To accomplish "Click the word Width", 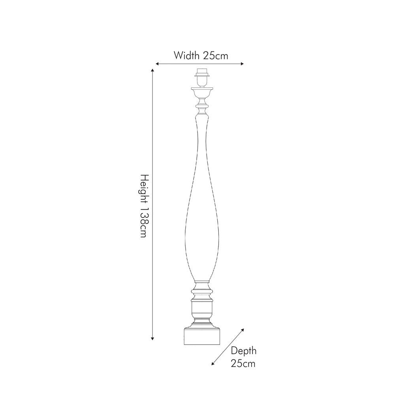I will tap(186, 55).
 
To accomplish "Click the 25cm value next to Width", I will tap(215, 55).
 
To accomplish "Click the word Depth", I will tap(243, 351).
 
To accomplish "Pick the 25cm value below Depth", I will tap(243, 363).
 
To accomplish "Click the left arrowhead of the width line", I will tap(157, 64).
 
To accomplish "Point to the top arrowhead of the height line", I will tap(153, 70).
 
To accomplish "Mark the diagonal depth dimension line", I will tap(228, 346).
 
